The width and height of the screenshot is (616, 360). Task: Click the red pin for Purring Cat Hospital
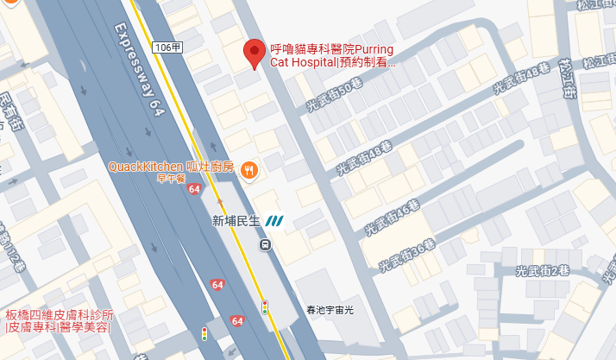click(254, 53)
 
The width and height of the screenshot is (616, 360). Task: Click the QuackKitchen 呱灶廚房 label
click(171, 167)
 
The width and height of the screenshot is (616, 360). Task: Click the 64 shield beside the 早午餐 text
click(193, 189)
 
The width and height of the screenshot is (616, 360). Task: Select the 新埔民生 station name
click(235, 221)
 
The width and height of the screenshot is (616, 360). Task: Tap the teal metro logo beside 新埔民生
click(275, 221)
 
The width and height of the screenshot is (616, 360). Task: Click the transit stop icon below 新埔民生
click(265, 244)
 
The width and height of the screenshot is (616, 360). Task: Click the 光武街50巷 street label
click(335, 97)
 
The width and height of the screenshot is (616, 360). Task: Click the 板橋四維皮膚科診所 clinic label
click(60, 321)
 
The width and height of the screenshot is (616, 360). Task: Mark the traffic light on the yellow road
click(265, 306)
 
